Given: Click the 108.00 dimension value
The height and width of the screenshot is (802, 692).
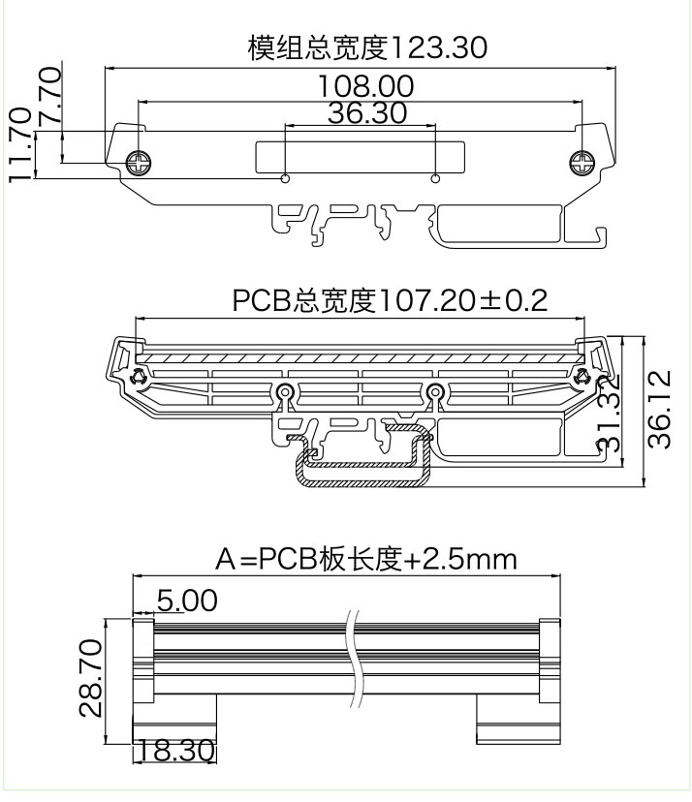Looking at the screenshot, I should point(365,86).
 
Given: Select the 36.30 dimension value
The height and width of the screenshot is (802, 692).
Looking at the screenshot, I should point(366,113).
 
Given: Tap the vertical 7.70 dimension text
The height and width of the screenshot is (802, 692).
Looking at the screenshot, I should point(50,95).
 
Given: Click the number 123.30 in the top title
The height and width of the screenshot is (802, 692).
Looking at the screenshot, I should point(438,46).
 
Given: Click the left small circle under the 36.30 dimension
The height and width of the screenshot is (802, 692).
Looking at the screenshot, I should point(285,178).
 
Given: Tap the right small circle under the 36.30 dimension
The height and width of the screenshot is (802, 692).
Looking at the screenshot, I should point(436,178).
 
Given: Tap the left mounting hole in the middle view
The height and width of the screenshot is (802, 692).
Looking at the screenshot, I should point(284,391).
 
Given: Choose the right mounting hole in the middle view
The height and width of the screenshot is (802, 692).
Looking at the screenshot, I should point(436,391).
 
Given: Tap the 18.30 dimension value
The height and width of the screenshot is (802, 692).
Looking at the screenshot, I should point(175,752).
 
